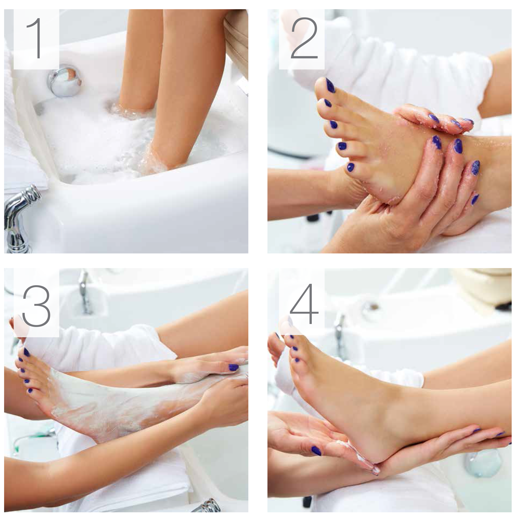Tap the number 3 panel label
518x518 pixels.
[x=36, y=304]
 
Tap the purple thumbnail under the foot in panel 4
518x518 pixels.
[x=316, y=451]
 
